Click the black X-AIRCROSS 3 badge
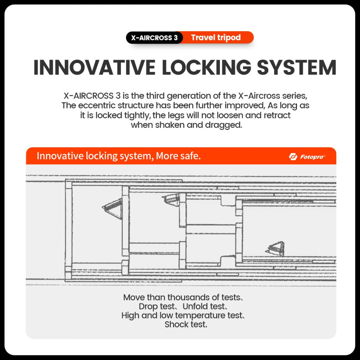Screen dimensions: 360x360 [154, 38]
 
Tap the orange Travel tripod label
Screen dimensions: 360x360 [216, 37]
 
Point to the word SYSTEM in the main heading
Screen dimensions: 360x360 [297, 68]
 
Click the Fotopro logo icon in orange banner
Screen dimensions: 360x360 [293, 157]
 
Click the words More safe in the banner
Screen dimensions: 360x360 [178, 156]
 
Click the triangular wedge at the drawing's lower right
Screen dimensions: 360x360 [275, 249]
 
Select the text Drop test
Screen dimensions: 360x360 [157, 306]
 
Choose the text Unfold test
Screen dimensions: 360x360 [204, 306]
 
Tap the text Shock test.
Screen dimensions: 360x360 [186, 324]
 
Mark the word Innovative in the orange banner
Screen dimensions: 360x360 [60, 156]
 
